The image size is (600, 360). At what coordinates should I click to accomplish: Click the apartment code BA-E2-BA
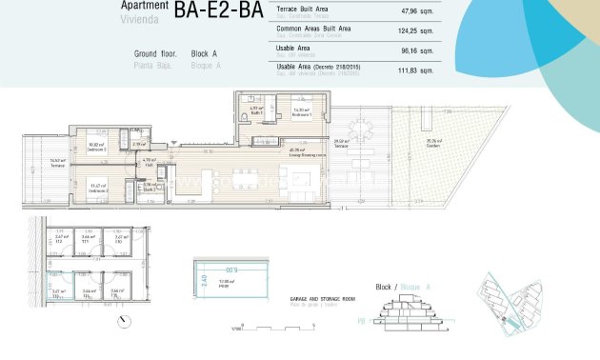point(218,10)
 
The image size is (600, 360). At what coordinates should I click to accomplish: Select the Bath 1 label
point(255,112)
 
